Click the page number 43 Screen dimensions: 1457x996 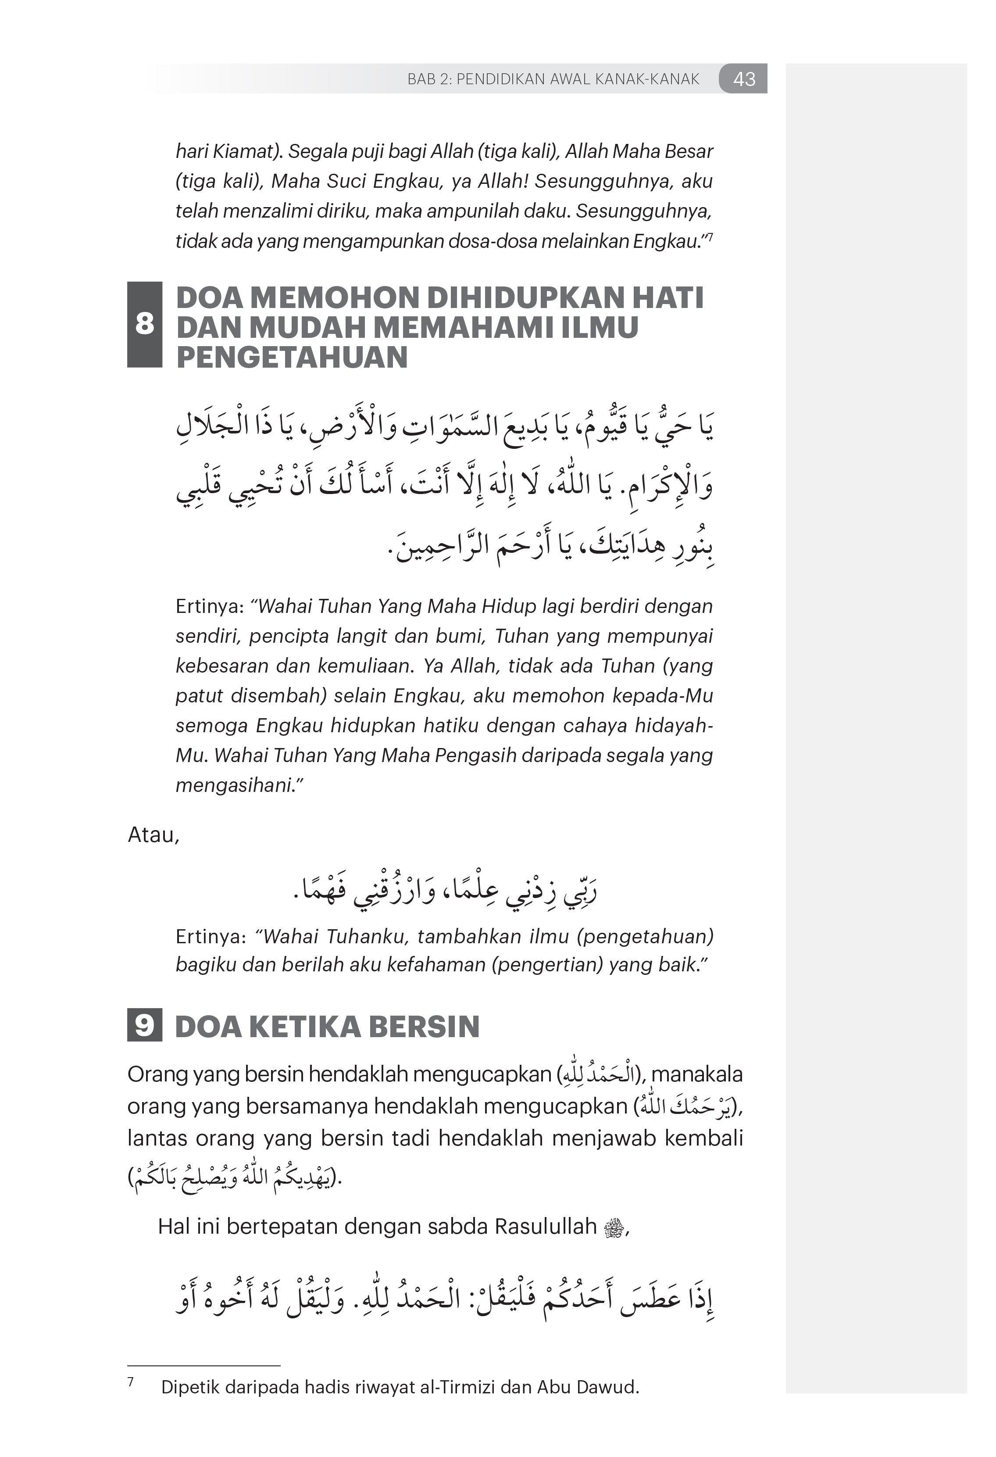743,79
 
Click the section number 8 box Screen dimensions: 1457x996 144,324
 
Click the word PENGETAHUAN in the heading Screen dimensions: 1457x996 292,357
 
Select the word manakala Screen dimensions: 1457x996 697,1074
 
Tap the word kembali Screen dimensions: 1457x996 703,1138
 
